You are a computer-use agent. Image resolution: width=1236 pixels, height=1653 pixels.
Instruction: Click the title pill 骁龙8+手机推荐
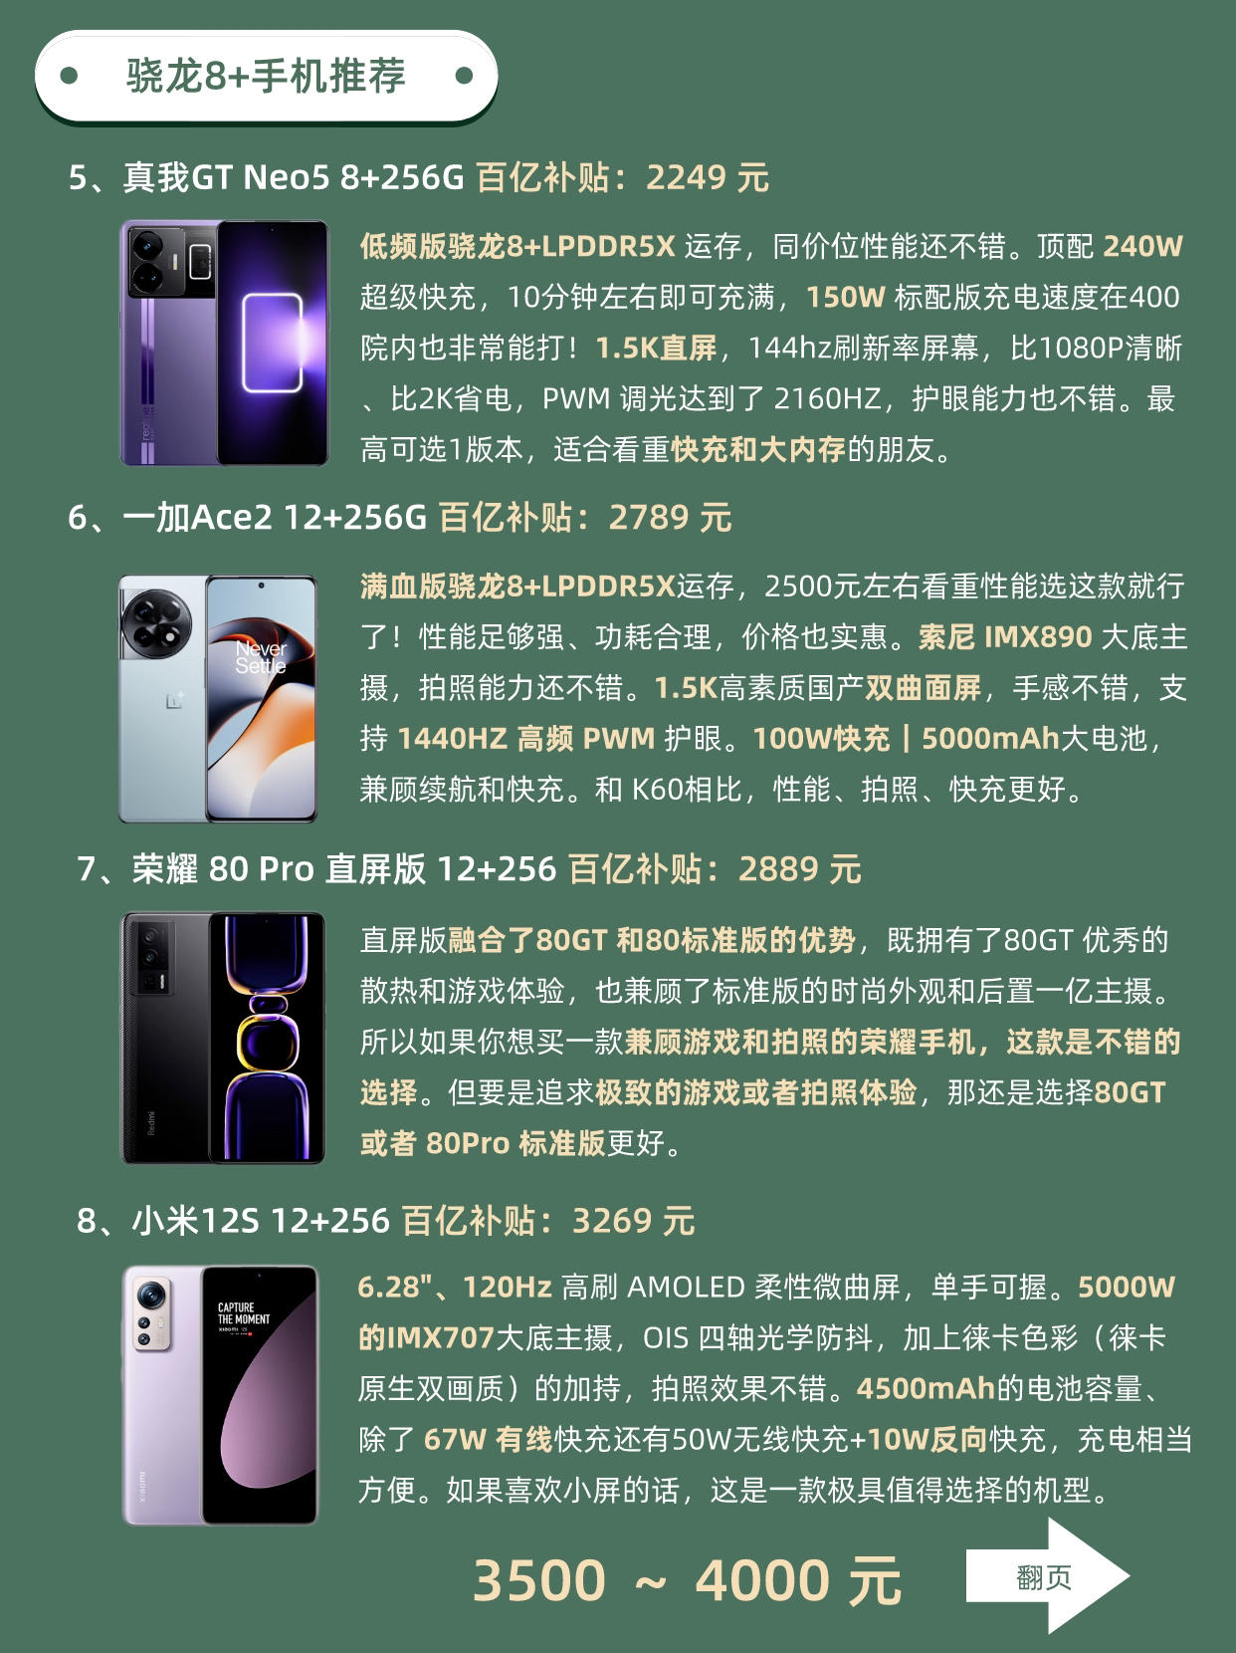[x=266, y=76]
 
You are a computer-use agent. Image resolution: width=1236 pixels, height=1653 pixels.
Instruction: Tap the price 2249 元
[x=708, y=178]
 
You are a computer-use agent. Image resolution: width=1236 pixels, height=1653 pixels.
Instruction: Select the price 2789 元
[x=670, y=518]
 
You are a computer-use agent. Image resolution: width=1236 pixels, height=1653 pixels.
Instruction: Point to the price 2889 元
[x=800, y=869]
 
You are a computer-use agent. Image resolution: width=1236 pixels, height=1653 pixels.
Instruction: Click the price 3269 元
[x=633, y=1221]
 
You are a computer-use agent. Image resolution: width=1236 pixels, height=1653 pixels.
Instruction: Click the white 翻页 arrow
[x=1047, y=1574]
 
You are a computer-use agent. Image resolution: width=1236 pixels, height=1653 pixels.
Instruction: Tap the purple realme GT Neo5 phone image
[x=224, y=343]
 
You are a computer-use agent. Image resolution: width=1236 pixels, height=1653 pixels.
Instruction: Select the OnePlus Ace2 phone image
[x=217, y=698]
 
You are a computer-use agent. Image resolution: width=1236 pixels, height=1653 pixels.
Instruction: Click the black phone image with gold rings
[x=224, y=1038]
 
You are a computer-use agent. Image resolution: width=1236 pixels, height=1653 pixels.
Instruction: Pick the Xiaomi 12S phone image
[x=220, y=1395]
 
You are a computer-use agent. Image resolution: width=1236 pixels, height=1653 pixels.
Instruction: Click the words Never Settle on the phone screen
[x=261, y=657]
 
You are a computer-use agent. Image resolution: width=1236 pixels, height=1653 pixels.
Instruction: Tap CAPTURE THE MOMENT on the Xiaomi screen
[x=243, y=1313]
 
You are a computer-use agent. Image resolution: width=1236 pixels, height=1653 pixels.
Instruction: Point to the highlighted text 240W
[x=1142, y=246]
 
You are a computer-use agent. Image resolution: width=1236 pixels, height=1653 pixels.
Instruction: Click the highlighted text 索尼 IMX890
[x=1005, y=637]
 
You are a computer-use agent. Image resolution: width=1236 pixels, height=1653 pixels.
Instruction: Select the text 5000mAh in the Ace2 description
[x=990, y=739]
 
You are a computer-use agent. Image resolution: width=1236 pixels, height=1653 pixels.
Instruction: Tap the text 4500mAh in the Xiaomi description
[x=926, y=1389]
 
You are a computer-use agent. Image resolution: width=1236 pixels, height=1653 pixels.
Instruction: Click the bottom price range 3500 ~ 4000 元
[x=687, y=1580]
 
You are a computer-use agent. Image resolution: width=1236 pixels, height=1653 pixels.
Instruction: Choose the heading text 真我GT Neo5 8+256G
[x=294, y=178]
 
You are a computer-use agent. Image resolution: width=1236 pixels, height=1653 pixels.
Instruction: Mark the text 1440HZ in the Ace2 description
[x=452, y=739]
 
